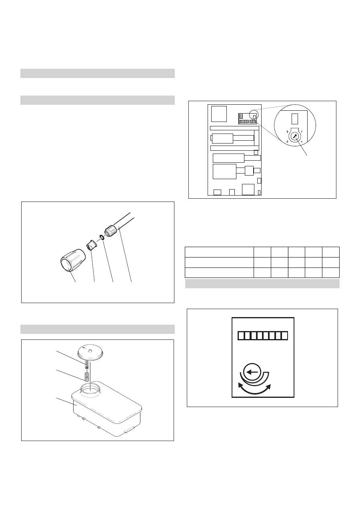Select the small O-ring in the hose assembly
coord(102,238)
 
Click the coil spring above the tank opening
coord(86,377)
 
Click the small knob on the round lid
coord(90,351)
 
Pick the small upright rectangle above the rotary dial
coord(294,119)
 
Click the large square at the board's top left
coord(219,114)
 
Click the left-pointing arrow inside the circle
coord(252,372)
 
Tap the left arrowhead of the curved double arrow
coord(241,385)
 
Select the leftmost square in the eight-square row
coord(241,335)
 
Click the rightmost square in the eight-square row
coord(285,335)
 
